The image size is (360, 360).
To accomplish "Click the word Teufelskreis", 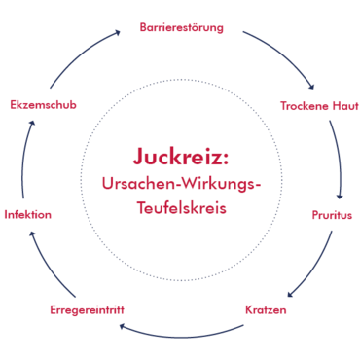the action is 180,208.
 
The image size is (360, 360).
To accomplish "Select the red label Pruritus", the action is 332,214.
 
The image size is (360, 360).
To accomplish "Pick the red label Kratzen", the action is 265,310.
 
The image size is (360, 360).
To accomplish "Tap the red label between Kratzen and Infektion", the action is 87,309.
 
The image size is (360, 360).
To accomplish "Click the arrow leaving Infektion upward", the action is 25,156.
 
